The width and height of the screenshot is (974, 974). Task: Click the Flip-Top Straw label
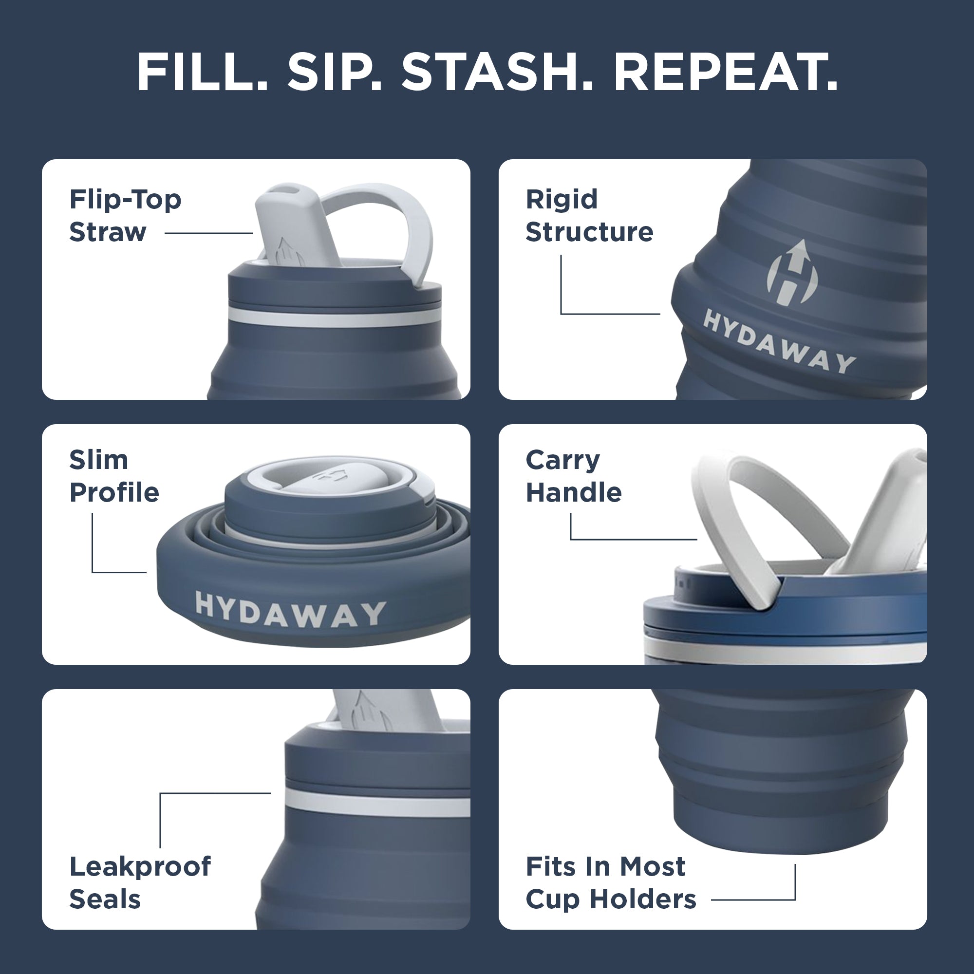[x=125, y=216]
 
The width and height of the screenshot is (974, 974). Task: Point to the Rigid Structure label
[x=589, y=216]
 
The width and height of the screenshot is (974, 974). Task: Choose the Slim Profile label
[x=114, y=476]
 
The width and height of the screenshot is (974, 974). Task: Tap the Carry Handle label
[x=574, y=476]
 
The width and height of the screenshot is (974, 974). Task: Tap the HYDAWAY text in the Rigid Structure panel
[x=779, y=342]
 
